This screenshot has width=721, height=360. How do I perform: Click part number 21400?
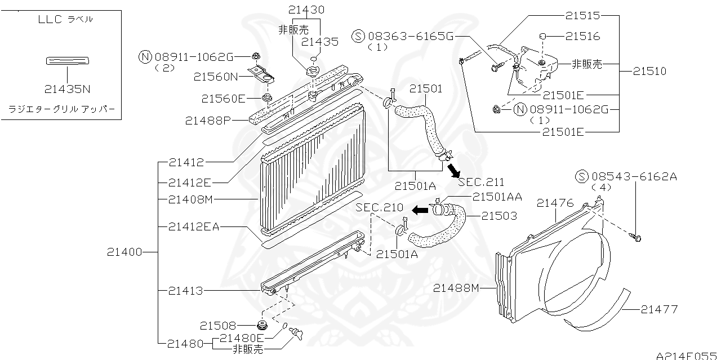pyautogui.click(x=124, y=252)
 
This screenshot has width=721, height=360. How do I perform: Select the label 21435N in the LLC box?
pyautogui.click(x=67, y=88)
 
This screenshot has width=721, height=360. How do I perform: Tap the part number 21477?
pyautogui.click(x=659, y=309)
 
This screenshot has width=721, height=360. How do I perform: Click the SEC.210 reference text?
pyautogui.click(x=380, y=208)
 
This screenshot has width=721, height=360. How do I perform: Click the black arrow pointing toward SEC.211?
pyautogui.click(x=453, y=168)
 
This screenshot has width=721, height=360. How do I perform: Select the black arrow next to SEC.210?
pyautogui.click(x=419, y=210)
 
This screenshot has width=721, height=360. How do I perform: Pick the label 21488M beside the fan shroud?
pyautogui.click(x=456, y=288)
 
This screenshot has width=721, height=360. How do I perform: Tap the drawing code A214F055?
pyautogui.click(x=687, y=355)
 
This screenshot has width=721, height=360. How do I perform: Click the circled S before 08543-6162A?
pyautogui.click(x=581, y=177)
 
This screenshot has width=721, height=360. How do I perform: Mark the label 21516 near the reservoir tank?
pyautogui.click(x=583, y=36)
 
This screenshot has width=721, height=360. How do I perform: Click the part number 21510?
pyautogui.click(x=649, y=72)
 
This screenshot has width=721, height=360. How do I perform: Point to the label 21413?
pyautogui.click(x=185, y=291)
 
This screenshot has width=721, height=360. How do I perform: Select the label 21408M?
pyautogui.click(x=189, y=199)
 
